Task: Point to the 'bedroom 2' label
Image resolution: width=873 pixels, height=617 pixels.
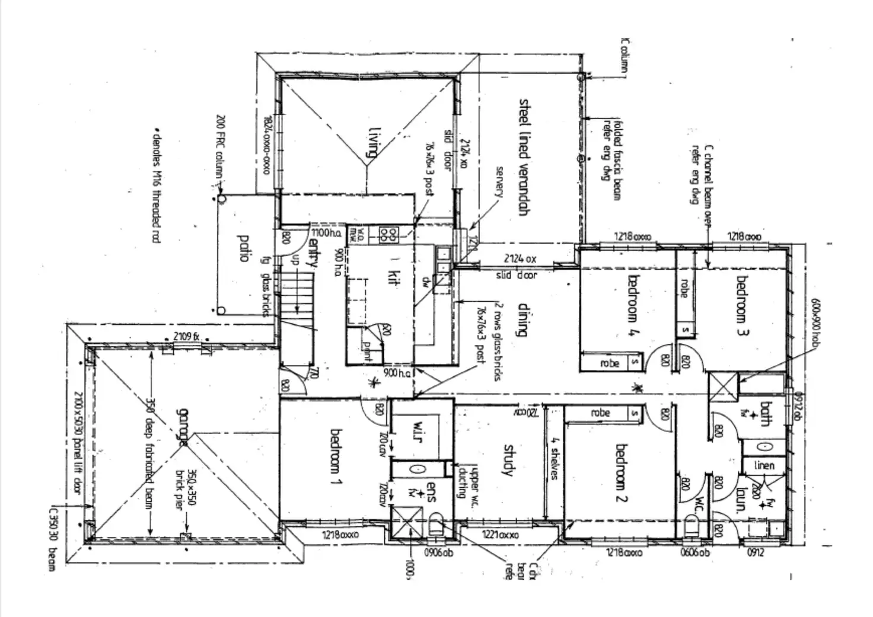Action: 621,473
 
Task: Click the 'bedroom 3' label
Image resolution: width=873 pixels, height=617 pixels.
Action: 742,305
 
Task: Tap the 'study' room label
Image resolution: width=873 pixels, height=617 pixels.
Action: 509,460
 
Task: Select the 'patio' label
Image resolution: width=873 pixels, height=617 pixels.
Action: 242,248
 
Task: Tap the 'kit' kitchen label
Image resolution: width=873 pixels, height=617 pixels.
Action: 391,276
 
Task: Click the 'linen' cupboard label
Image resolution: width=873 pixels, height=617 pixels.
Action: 764,466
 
